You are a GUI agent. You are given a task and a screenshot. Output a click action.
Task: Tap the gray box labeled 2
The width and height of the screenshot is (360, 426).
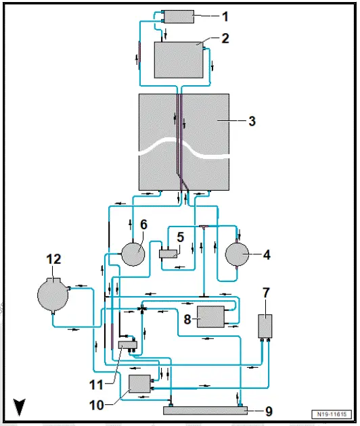(x=179, y=60)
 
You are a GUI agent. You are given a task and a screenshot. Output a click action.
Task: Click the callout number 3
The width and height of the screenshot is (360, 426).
(x=252, y=122)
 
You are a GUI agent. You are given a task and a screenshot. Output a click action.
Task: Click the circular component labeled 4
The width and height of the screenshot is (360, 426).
(x=238, y=256)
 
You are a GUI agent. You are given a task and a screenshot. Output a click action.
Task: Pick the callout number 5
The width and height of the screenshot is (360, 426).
(x=181, y=238)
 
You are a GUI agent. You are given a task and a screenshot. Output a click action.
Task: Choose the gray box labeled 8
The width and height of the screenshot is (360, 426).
(x=210, y=316)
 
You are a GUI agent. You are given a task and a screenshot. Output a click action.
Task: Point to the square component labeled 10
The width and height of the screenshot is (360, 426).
(x=139, y=383)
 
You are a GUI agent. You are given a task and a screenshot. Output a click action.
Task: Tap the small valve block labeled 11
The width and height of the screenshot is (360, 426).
(x=127, y=345)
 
